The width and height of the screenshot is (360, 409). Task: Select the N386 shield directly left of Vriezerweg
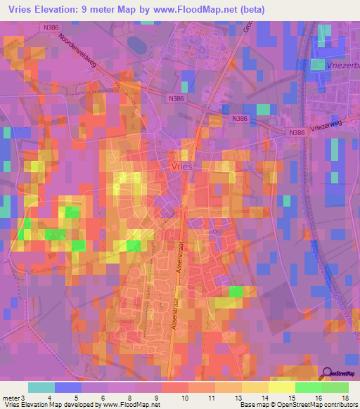tap(297, 132)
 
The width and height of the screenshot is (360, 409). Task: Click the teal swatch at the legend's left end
tap(41, 387)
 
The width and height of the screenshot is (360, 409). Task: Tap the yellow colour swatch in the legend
tap(281, 387)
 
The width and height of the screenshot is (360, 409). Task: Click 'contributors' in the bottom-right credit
tap(340, 405)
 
